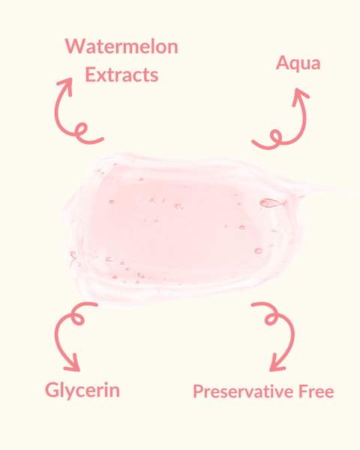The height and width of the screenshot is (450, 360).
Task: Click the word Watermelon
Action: (x=121, y=46)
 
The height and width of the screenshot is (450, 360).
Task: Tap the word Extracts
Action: (x=121, y=74)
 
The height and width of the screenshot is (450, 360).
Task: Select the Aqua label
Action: (x=298, y=63)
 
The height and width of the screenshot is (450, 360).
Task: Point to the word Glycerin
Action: (x=82, y=390)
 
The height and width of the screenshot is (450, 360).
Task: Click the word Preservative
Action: (x=244, y=391)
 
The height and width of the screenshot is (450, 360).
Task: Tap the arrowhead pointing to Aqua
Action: (x=300, y=97)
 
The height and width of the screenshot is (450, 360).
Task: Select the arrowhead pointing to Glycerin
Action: (x=72, y=363)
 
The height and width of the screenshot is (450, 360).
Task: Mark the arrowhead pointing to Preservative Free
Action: (x=277, y=363)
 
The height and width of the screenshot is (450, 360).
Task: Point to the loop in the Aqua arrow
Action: (x=276, y=137)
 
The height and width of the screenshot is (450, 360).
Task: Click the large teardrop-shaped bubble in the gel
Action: (x=270, y=203)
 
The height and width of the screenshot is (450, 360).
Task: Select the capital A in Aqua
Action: (x=283, y=63)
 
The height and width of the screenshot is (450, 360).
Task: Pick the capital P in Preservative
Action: (x=199, y=391)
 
